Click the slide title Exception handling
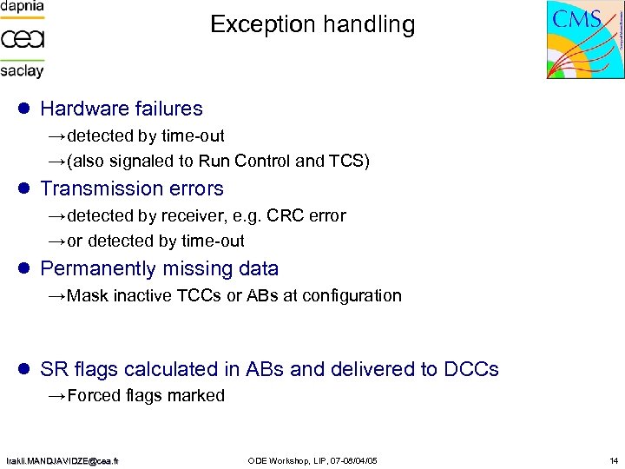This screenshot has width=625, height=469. (312, 24)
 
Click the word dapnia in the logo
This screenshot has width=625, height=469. (23, 7)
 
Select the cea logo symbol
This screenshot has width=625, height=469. (23, 38)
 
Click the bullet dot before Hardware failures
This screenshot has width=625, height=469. (24, 109)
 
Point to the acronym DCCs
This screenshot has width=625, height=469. (471, 369)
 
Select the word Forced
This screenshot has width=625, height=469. (94, 396)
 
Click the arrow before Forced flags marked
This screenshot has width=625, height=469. (56, 396)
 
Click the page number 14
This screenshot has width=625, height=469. (614, 459)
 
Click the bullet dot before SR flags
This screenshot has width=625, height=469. (24, 369)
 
